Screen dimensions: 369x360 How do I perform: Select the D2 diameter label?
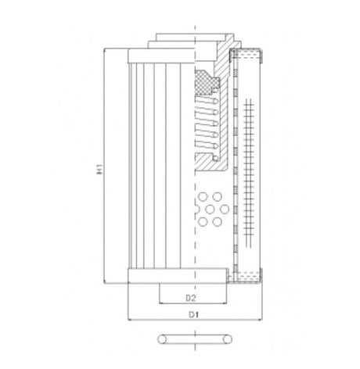191,298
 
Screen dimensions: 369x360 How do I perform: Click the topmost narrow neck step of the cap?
192,36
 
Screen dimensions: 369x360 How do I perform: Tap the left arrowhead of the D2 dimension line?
161,304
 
